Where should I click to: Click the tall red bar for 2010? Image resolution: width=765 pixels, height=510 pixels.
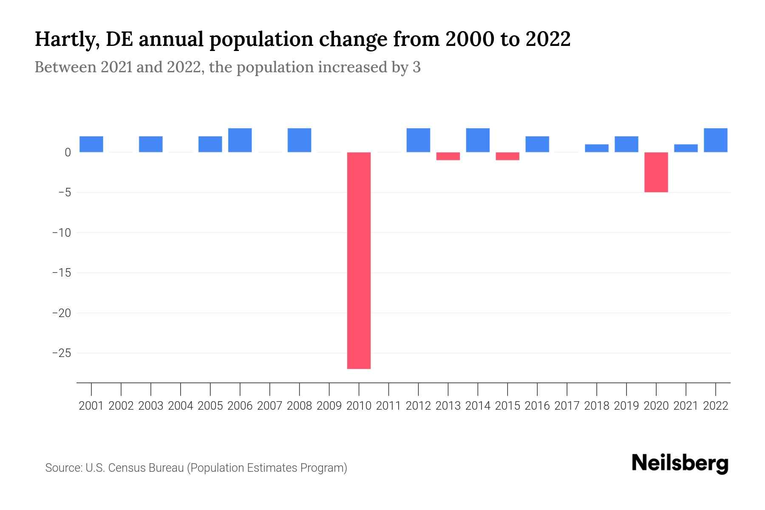[x=359, y=260]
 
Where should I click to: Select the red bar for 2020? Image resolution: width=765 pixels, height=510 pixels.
[x=656, y=172]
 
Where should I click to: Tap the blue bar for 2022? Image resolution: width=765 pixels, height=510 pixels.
[x=715, y=140]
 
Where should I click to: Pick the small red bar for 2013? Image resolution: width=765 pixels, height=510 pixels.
[x=448, y=156]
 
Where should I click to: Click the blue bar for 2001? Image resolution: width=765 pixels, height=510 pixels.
[x=91, y=144]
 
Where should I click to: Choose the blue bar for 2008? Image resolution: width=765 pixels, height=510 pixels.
[x=299, y=140]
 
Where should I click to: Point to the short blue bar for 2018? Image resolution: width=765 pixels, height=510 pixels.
[x=596, y=148]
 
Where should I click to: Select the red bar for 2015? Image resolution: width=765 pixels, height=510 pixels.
[x=507, y=156]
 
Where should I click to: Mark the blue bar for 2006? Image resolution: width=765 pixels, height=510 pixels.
[x=240, y=140]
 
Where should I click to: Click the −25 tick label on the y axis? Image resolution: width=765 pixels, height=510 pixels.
[x=61, y=353]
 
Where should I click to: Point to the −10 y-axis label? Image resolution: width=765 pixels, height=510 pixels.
[x=61, y=233]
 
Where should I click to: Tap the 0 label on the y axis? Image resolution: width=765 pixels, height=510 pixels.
[x=68, y=152]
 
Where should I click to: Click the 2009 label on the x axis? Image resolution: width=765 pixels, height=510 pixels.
[x=329, y=406]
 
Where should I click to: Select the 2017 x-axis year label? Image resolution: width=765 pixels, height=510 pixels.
[x=567, y=406]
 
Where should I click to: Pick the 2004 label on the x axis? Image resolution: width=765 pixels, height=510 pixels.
[x=181, y=406]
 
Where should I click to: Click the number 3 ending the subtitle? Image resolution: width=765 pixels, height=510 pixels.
[x=416, y=67]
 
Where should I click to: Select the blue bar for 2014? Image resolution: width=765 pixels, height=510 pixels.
[x=478, y=140]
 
